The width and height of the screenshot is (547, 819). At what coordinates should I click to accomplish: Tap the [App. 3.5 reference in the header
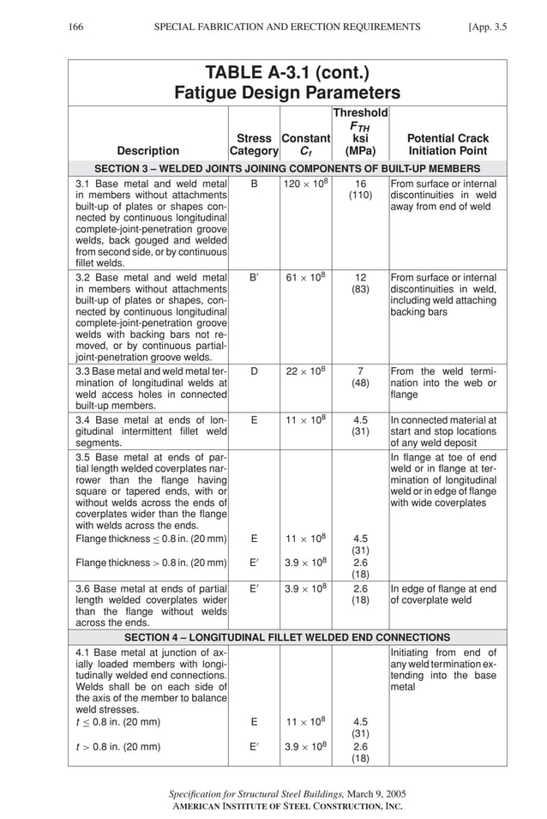coord(488,27)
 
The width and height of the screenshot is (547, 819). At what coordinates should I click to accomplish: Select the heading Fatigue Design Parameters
coord(287,93)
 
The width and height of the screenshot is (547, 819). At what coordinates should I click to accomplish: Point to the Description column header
coord(148,151)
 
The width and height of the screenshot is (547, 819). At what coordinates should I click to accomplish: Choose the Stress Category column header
coord(254,144)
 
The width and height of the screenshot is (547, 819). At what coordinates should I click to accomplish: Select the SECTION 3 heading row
coord(287,168)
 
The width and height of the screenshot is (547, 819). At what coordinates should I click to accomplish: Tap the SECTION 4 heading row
coord(287,637)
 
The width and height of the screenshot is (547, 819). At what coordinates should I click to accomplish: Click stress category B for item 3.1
coord(254,184)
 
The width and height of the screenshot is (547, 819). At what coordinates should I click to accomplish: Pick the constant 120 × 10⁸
coord(305,184)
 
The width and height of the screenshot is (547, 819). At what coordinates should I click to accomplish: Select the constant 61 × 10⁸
coord(305,278)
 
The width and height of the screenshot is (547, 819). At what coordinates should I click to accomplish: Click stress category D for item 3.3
coord(254,371)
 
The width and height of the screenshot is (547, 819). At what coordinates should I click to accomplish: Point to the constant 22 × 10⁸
coord(305,371)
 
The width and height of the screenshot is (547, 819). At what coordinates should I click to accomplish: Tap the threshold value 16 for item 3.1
coord(360,184)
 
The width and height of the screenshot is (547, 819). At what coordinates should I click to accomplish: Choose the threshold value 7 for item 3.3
coord(360,371)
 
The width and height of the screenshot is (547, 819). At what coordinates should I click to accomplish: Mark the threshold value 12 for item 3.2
coord(360,278)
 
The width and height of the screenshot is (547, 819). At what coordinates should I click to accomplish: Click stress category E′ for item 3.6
coord(254,589)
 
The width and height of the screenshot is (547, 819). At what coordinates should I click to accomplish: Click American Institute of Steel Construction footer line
coord(287,806)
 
